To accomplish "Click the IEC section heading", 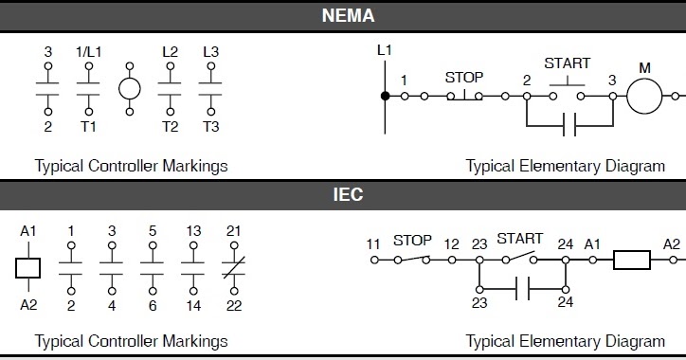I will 348,195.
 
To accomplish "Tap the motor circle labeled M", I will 645,96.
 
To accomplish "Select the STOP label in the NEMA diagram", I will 464,78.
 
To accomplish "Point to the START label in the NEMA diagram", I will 567,63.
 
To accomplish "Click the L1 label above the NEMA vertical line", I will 385,49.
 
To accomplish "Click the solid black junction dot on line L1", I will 385,96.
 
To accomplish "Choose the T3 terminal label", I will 210,126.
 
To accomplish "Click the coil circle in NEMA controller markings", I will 130,89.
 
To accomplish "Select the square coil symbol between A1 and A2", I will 28,268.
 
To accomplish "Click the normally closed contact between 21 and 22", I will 233,268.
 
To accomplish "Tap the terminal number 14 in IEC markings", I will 193,306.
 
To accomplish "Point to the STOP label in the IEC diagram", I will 413,240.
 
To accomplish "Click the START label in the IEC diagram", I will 519,239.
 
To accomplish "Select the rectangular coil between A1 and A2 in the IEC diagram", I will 629,259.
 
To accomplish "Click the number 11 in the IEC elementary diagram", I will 373,243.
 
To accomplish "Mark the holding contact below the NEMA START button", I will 569,125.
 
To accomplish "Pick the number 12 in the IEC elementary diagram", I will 451,243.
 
